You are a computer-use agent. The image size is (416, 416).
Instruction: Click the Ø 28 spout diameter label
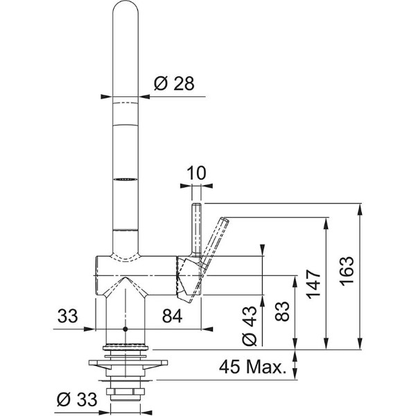click(174, 84)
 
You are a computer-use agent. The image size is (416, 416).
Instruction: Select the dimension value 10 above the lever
click(196, 173)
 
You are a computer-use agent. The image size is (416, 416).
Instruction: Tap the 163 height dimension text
click(347, 271)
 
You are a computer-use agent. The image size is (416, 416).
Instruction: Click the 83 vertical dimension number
click(281, 311)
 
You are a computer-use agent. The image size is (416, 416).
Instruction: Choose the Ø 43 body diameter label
click(250, 326)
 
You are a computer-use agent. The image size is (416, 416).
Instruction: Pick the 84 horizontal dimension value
click(173, 316)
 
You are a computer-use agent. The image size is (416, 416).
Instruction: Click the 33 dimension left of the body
click(68, 316)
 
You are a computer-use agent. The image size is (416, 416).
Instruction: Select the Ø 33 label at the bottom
click(77, 399)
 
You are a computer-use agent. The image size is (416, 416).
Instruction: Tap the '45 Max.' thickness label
click(253, 367)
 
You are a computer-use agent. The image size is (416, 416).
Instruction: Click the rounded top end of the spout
click(125, 2)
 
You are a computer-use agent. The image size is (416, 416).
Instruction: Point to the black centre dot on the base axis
click(125, 329)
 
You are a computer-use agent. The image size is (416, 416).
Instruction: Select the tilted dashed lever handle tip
click(225, 220)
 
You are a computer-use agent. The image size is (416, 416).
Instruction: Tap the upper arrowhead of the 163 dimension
click(360, 209)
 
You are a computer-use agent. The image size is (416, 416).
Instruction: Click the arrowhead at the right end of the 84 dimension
click(207, 329)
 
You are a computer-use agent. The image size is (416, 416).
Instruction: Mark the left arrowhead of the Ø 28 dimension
click(107, 97)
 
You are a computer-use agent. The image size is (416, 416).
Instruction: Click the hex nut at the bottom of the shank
click(125, 391)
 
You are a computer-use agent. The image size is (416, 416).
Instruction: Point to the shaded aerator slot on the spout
click(125, 180)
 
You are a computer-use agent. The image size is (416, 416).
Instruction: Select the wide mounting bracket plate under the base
click(128, 363)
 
